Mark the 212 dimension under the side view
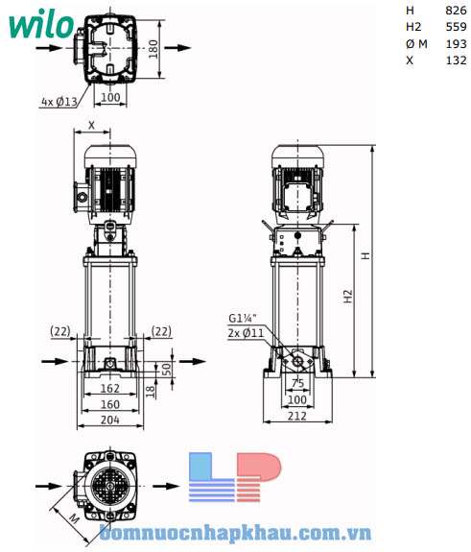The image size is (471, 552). point(297,417)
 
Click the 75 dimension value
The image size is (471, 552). point(297,383)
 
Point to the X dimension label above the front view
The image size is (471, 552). point(91,125)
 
